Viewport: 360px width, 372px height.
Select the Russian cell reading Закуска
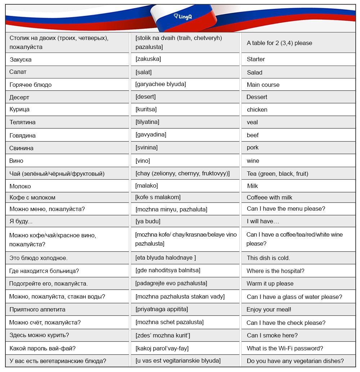[x=21, y=59]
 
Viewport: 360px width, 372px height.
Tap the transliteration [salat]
[x=144, y=72]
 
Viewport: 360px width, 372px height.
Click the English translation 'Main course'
[x=263, y=85]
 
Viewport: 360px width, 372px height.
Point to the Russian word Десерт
[x=19, y=97]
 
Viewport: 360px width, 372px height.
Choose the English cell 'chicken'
[x=257, y=109]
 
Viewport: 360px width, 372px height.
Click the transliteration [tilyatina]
[x=147, y=122]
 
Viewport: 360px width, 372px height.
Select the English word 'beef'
[x=253, y=135]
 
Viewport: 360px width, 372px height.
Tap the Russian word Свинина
[x=21, y=148]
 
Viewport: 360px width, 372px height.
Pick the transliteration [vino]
[x=143, y=161]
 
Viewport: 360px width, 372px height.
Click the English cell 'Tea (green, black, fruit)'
[x=278, y=174]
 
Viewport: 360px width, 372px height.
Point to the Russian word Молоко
[x=20, y=186]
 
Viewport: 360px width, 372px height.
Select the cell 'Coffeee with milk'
[x=269, y=197]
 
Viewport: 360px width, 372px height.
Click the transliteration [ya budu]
[x=148, y=221]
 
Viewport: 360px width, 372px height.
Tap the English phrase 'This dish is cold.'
[x=268, y=258]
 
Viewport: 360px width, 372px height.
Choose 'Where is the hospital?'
[x=275, y=271]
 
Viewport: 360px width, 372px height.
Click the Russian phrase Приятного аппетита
[x=37, y=309]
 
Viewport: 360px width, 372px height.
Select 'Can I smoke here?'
[x=272, y=335]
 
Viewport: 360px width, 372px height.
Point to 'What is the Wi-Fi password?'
[x=285, y=348]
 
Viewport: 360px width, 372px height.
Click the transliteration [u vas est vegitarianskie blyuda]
[x=178, y=360]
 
